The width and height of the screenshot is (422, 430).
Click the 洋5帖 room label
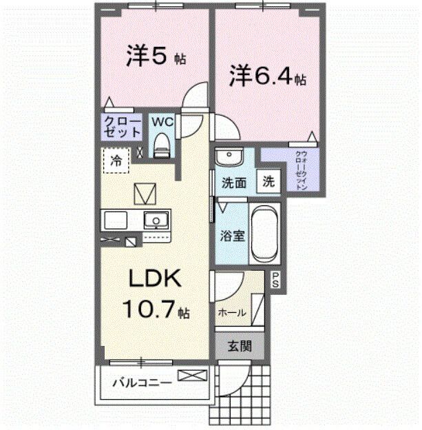pos(156,57)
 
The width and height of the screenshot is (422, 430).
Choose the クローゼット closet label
pos(123,127)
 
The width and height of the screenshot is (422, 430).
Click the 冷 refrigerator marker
pos(116,161)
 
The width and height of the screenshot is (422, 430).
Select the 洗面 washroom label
pos(233,184)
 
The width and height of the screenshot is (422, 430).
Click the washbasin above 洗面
pos(230,156)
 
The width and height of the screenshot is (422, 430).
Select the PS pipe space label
pos(275,280)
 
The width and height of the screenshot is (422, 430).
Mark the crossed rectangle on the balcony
pos(192,376)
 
